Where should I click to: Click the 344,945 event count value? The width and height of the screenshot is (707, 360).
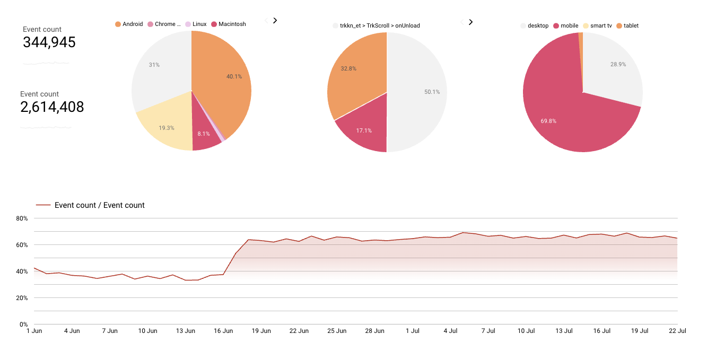[49, 42]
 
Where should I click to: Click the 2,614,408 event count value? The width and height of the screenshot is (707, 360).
[52, 107]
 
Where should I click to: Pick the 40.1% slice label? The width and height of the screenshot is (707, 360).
[234, 76]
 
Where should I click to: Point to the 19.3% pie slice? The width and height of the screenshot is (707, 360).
[167, 128]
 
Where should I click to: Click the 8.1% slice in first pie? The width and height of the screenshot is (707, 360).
[204, 134]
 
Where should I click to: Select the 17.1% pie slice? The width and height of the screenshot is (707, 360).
[364, 130]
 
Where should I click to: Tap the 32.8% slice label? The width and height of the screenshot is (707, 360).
[348, 69]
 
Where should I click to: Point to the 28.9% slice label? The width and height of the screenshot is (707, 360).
[618, 64]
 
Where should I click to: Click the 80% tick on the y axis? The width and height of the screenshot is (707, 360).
[22, 218]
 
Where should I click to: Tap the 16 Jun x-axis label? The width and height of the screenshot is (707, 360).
[223, 331]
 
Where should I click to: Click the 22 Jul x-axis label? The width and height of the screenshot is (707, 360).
[677, 331]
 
